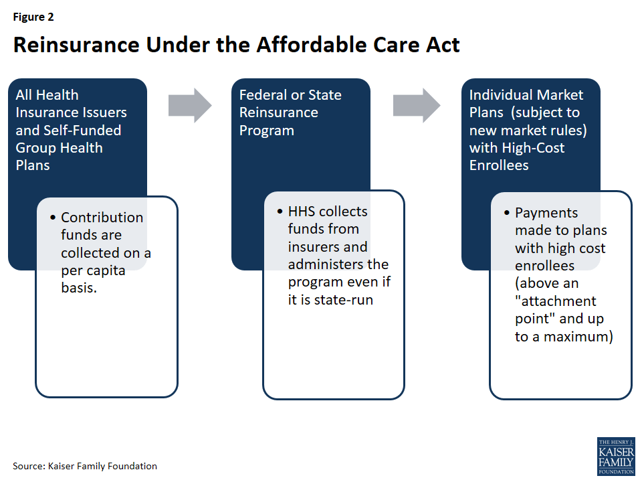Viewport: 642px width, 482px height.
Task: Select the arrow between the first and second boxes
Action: pyautogui.click(x=190, y=105)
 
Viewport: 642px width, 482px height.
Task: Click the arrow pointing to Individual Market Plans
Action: pyautogui.click(x=416, y=105)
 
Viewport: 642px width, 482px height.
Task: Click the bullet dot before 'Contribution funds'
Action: pyautogui.click(x=53, y=218)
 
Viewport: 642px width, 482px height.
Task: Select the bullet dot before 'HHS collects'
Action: pyautogui.click(x=280, y=212)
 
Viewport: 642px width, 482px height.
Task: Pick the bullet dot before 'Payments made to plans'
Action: pyautogui.click(x=507, y=214)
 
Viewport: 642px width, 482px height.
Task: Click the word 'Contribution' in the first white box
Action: pyautogui.click(x=102, y=218)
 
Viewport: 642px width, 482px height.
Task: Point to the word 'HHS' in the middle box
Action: pyautogui.click(x=302, y=212)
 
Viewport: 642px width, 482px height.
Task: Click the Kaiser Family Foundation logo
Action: pyautogui.click(x=615, y=457)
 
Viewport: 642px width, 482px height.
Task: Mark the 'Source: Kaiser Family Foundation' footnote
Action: pyautogui.click(x=85, y=465)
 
